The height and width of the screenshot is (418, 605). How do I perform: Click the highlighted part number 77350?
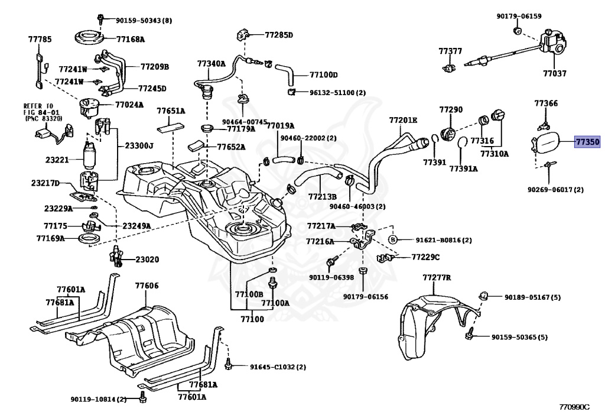pyautogui.click(x=587, y=142)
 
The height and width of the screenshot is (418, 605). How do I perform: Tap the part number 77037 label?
pyautogui.click(x=555, y=74)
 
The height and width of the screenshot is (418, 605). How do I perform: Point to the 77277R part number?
pyautogui.click(x=437, y=277)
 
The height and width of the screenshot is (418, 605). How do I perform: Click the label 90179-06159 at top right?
pyautogui.click(x=519, y=16)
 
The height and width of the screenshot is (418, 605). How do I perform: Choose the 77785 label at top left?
pyautogui.click(x=40, y=40)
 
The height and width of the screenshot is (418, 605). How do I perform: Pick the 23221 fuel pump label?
pyautogui.click(x=57, y=160)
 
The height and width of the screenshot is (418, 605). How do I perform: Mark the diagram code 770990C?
pyautogui.click(x=574, y=407)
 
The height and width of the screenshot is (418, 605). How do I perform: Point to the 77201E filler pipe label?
pyautogui.click(x=403, y=121)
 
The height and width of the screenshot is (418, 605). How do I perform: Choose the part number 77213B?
pyautogui.click(x=322, y=196)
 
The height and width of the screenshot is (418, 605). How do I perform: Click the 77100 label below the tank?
pyautogui.click(x=252, y=319)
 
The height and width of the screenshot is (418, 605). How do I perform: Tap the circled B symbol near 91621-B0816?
pyautogui.click(x=392, y=239)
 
